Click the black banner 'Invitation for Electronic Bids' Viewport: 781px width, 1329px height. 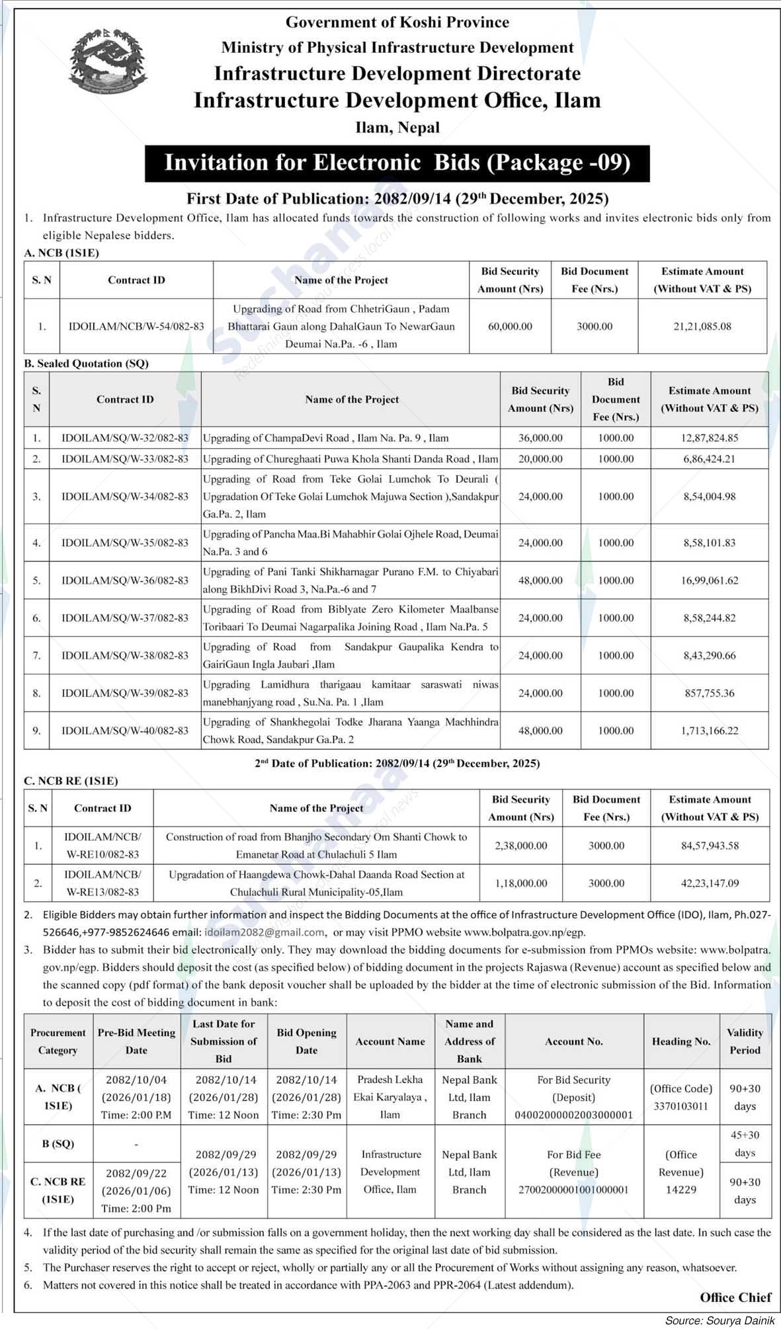pos(397,163)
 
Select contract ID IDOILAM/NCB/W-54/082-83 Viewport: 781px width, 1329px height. pos(136,326)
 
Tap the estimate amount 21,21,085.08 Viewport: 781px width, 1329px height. pos(702,326)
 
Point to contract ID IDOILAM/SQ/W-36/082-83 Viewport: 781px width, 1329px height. pos(125,581)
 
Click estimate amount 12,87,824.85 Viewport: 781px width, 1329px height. pos(710,438)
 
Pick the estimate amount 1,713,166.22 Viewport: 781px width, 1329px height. pos(710,731)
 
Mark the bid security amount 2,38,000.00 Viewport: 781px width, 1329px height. pos(520,846)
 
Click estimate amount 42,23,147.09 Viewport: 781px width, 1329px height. pos(710,883)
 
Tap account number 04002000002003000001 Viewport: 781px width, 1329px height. pos(573,1115)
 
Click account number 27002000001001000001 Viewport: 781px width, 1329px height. pos(573,1189)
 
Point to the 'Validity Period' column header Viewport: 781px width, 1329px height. pos(745,1041)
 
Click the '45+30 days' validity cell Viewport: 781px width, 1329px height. pos(745,1144)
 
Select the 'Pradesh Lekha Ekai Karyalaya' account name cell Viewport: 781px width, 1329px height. pos(390,1097)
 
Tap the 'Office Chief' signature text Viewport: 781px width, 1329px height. pos(735,1297)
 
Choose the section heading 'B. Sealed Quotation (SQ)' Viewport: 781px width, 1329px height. pos(86,364)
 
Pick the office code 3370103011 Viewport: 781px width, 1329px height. pos(680,1106)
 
